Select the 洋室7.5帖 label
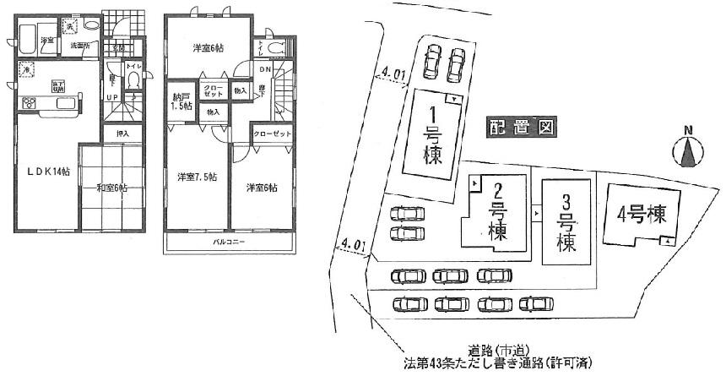(x=196, y=177)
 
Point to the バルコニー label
(x=229, y=243)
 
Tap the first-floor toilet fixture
(x=133, y=80)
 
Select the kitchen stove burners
(x=29, y=104)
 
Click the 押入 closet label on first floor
(x=122, y=134)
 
